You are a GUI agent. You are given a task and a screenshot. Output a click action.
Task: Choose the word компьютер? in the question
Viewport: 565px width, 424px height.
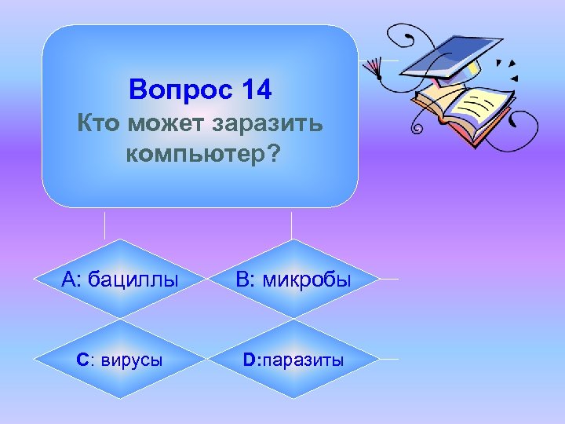202,154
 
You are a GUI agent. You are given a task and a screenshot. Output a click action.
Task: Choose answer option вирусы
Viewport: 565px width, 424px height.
129,360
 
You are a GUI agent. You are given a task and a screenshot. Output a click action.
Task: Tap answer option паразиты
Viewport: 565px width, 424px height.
304,360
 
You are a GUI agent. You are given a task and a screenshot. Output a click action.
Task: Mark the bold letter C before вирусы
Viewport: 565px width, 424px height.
82,360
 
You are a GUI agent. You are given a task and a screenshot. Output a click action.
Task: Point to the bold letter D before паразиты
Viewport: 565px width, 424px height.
250,360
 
